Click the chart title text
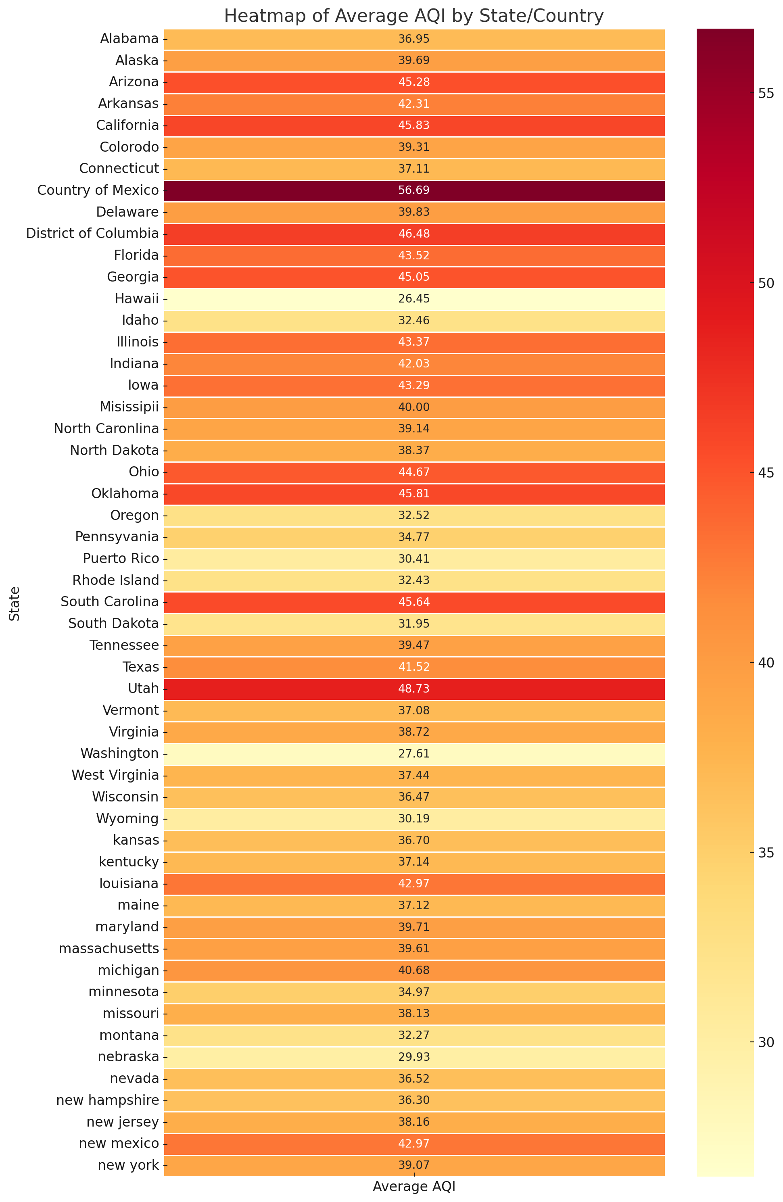click(x=414, y=16)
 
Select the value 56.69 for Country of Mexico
click(x=414, y=190)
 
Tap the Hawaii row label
click(x=136, y=299)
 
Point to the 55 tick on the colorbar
click(x=766, y=94)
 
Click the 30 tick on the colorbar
click(x=766, y=1042)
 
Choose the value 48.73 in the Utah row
click(x=414, y=689)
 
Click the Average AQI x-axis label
click(x=414, y=1187)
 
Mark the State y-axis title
click(x=15, y=603)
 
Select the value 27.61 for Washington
click(x=414, y=754)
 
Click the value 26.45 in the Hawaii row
click(x=414, y=299)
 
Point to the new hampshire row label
click(x=108, y=1100)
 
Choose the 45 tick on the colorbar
click(x=766, y=473)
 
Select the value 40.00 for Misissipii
click(x=414, y=407)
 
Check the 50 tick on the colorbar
click(x=766, y=283)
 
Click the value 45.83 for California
click(x=414, y=125)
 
